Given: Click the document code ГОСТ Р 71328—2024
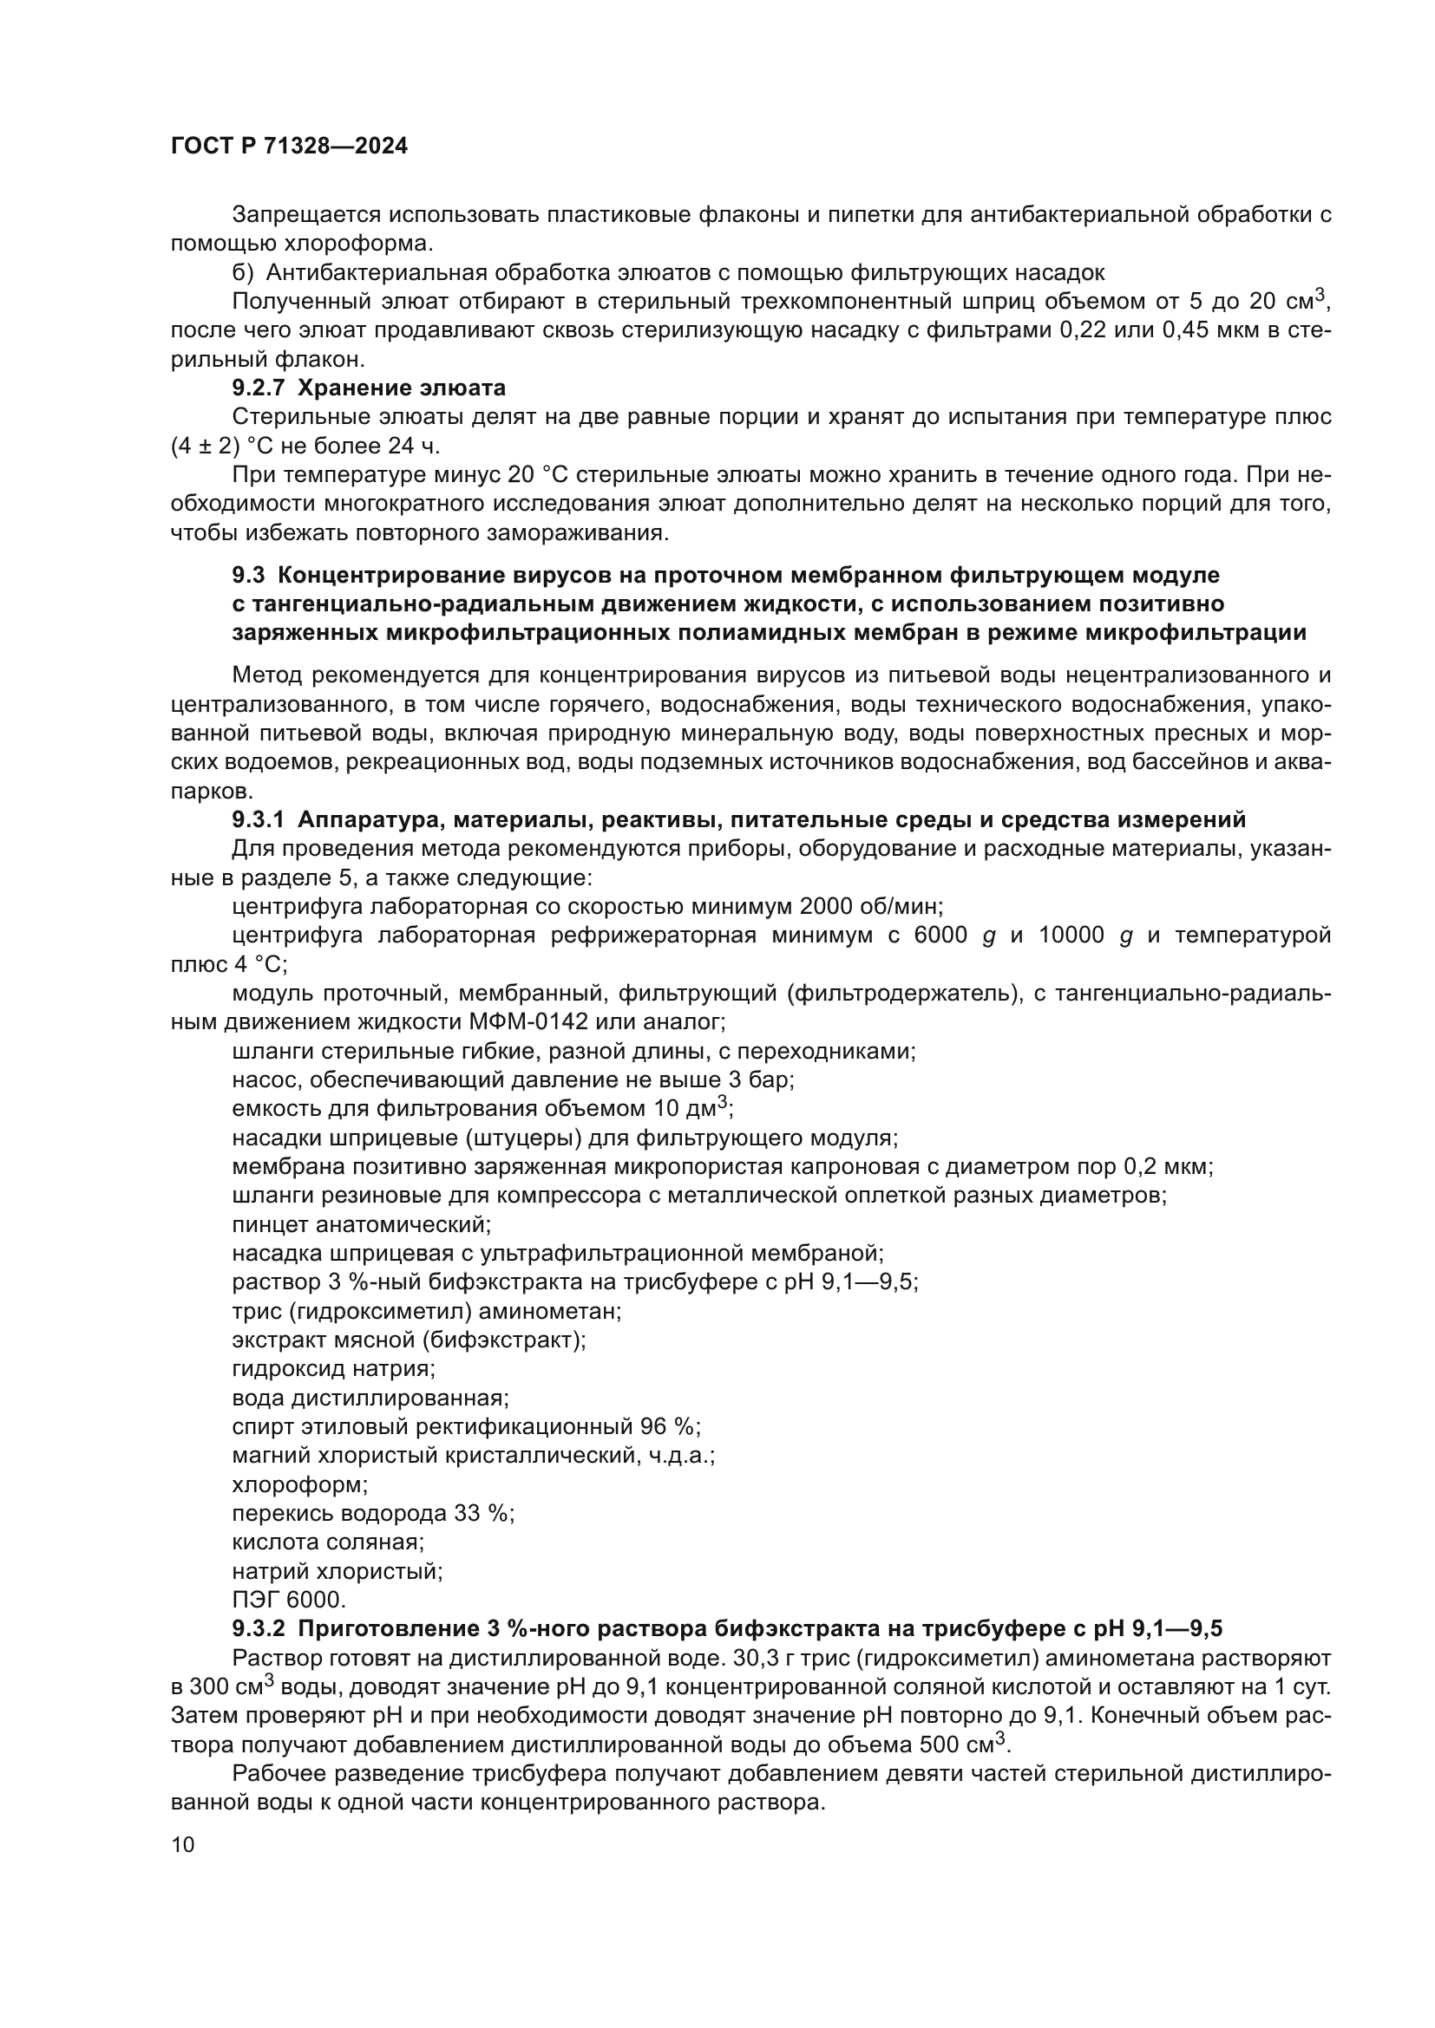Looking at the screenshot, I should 289,147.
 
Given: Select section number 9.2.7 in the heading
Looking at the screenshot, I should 259,388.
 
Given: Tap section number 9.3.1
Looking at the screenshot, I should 258,819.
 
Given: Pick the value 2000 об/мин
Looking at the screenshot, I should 871,907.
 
